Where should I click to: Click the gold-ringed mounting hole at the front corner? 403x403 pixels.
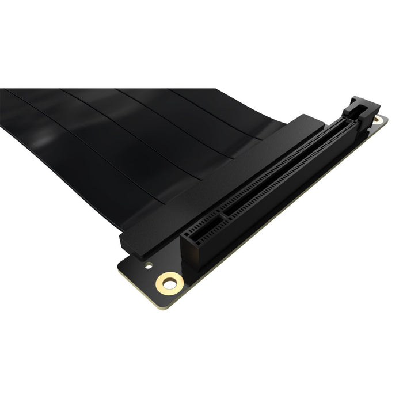pyautogui.click(x=169, y=282)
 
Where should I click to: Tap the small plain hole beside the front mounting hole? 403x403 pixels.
pyautogui.click(x=149, y=266)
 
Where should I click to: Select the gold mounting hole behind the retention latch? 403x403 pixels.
pyautogui.click(x=377, y=120)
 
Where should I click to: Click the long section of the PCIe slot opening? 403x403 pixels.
pyautogui.click(x=282, y=173)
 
